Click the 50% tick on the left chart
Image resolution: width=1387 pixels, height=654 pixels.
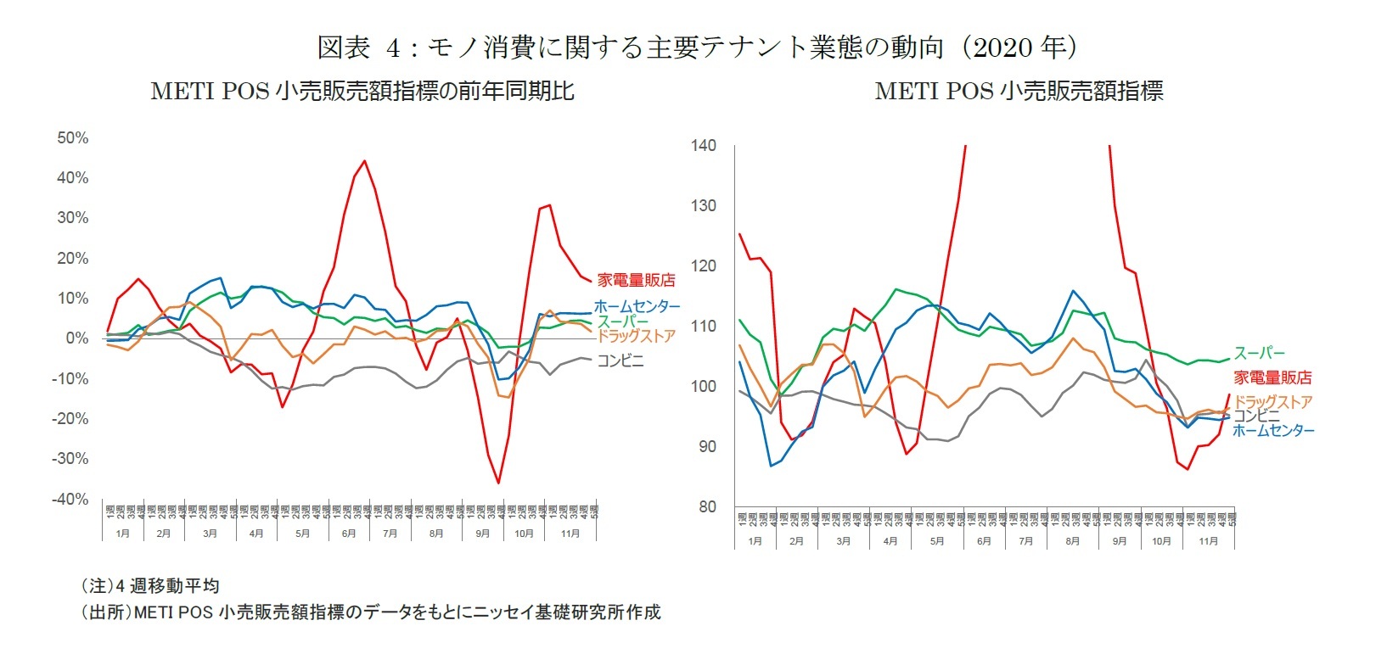pos(72,137)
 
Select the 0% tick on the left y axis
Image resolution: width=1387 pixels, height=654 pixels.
pos(77,338)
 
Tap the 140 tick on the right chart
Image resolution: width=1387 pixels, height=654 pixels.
pos(704,145)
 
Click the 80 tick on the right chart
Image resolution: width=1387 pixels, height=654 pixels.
pos(707,506)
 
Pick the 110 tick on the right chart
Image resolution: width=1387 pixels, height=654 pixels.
pos(704,326)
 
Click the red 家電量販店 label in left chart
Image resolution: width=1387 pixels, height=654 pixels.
pos(636,280)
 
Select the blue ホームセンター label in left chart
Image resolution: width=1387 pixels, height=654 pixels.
pos(637,306)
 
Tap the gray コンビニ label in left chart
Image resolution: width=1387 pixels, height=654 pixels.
pos(620,361)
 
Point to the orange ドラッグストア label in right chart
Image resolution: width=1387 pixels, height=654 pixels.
pos(1272,401)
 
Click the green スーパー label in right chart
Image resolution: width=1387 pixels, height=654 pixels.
pos(1259,353)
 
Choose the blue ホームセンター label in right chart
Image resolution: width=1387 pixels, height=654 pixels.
pos(1272,431)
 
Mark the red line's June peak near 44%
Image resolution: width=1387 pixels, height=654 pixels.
pos(364,161)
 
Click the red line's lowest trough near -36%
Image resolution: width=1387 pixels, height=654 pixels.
pos(498,483)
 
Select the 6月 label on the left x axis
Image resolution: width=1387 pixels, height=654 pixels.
pos(348,534)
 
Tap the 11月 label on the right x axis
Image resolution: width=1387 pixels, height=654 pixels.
pos(1208,540)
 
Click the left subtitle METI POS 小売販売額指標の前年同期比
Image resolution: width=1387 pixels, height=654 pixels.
pos(362,91)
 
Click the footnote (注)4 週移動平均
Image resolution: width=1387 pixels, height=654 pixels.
pos(149,585)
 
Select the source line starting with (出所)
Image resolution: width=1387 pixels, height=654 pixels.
pos(370,612)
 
